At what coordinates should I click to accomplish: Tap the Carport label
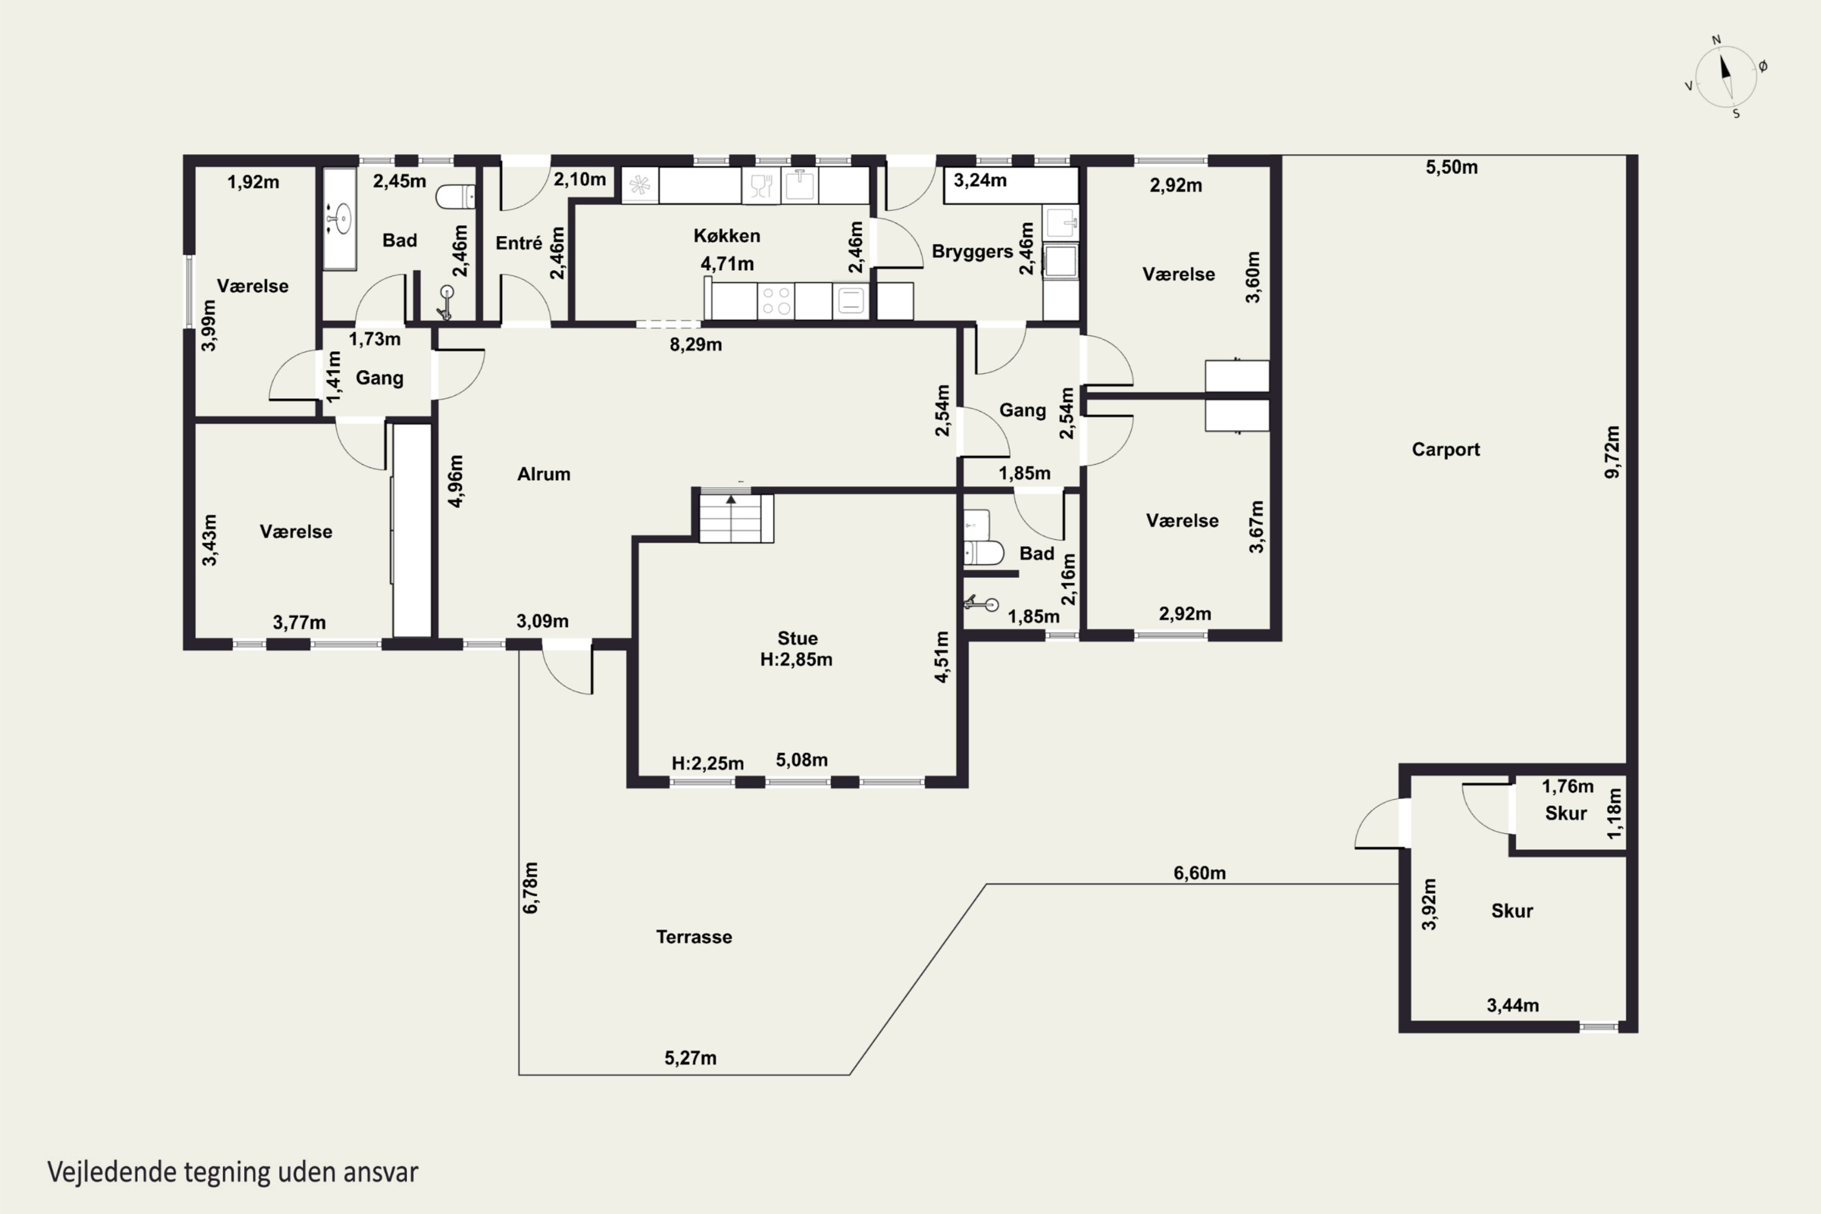pos(1445,449)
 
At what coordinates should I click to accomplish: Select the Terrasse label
pos(694,937)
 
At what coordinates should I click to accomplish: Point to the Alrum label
pos(543,474)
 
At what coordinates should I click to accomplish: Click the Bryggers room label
pos(972,252)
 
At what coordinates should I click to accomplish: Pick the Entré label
pos(519,243)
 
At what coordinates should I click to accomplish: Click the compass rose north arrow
pos(1725,67)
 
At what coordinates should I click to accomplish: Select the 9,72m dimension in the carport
pos(1612,452)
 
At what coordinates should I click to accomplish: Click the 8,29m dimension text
pos(696,345)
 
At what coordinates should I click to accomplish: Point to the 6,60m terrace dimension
pos(1199,873)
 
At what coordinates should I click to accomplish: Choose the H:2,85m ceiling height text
pos(796,660)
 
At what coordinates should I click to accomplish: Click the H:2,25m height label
pos(708,764)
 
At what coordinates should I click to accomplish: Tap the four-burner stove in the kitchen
pos(776,300)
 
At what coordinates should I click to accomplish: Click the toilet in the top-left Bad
pos(455,197)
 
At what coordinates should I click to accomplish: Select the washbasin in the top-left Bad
pos(339,219)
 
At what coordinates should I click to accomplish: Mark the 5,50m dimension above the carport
pos(1452,168)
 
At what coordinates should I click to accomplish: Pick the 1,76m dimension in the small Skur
pos(1568,787)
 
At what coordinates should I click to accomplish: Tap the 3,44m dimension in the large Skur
pos(1513,1006)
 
